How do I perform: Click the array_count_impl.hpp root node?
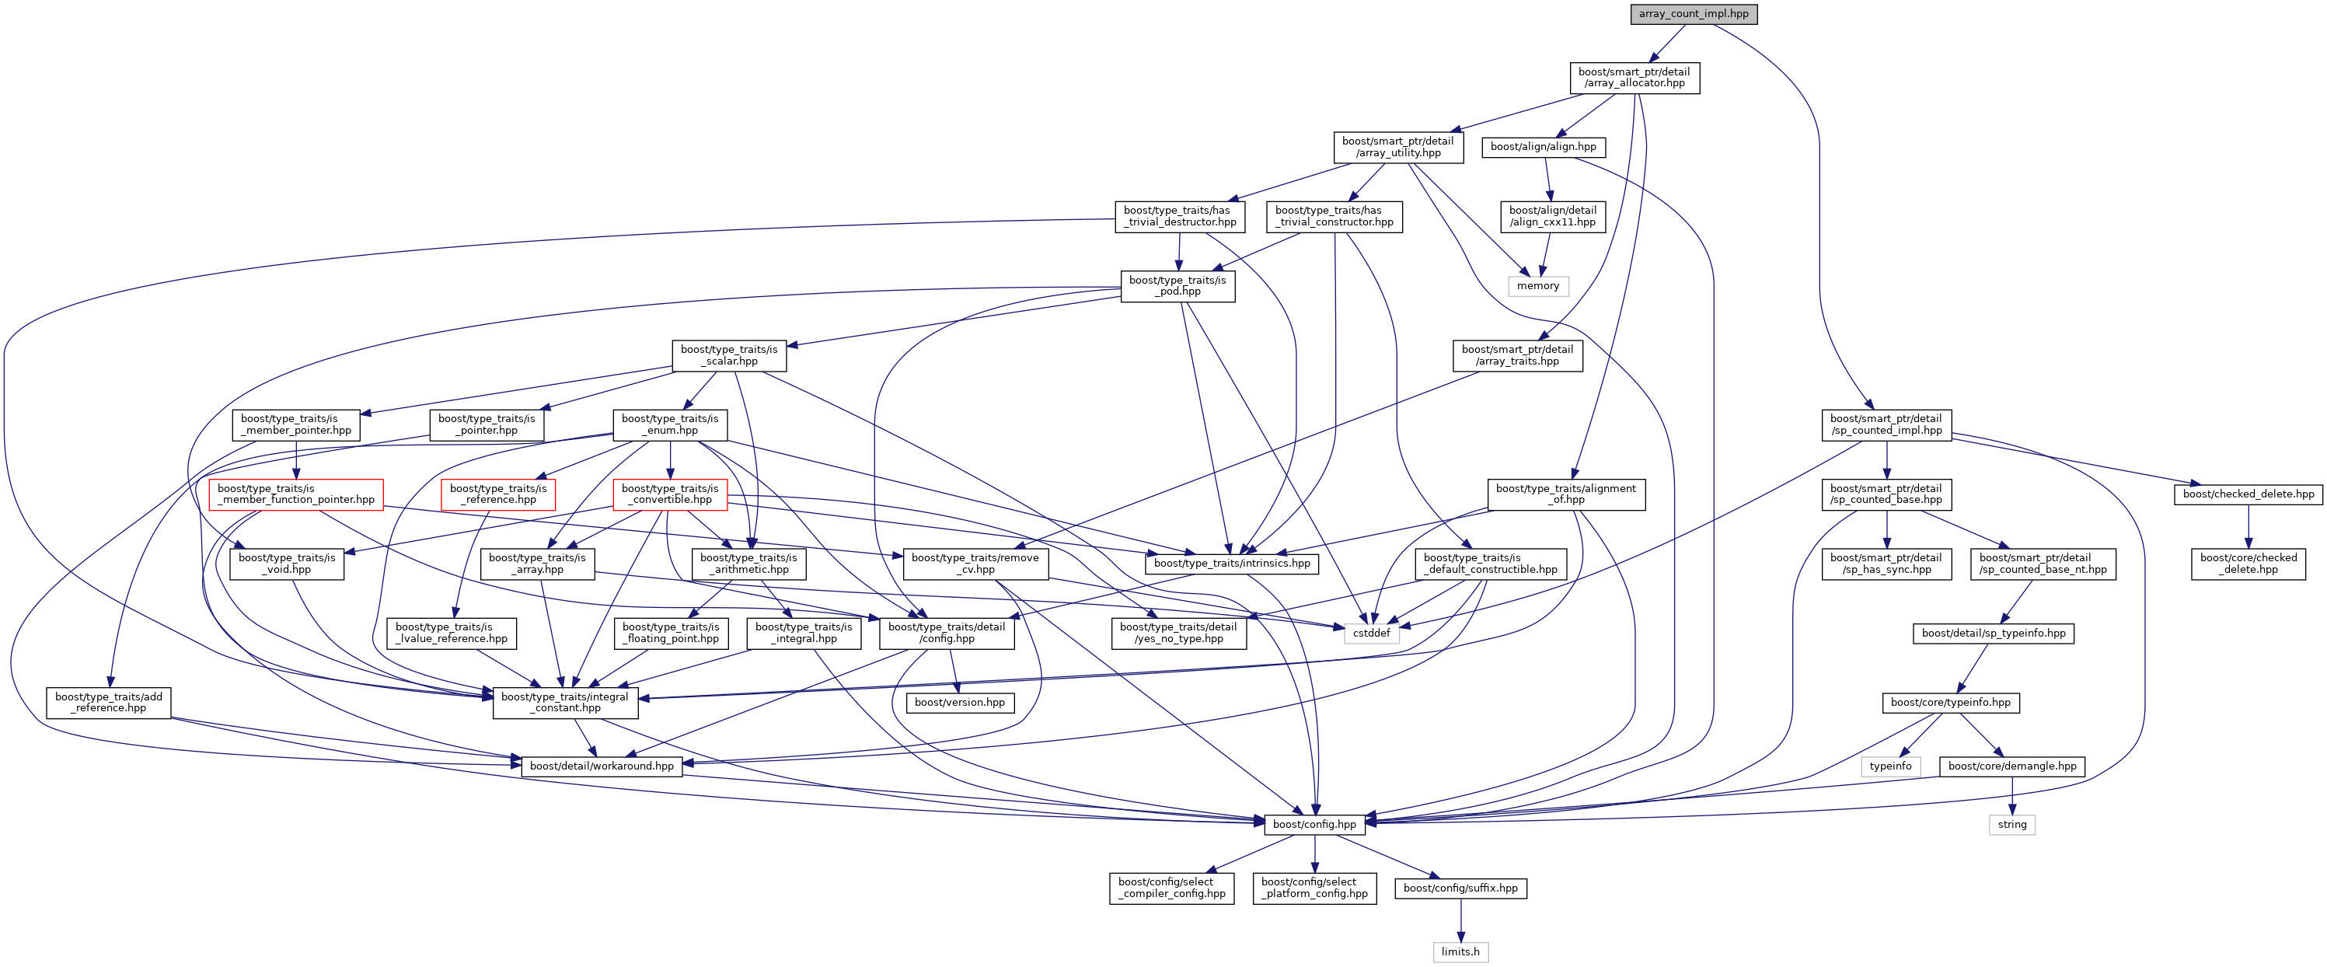(x=1693, y=13)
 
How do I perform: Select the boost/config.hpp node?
(x=1314, y=824)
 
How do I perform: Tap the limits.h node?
(x=1460, y=951)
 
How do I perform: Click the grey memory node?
(x=1537, y=285)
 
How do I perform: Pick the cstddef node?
(x=1370, y=633)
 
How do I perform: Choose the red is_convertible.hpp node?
(x=669, y=494)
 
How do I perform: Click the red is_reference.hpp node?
(x=497, y=494)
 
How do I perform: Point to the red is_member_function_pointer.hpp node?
(x=295, y=494)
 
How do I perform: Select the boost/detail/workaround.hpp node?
(x=601, y=766)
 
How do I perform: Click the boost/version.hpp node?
(x=959, y=702)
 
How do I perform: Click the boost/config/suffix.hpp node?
(x=1460, y=888)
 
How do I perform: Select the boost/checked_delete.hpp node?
(x=2248, y=494)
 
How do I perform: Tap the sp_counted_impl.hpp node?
(x=1886, y=424)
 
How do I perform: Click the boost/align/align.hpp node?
(x=1543, y=146)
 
